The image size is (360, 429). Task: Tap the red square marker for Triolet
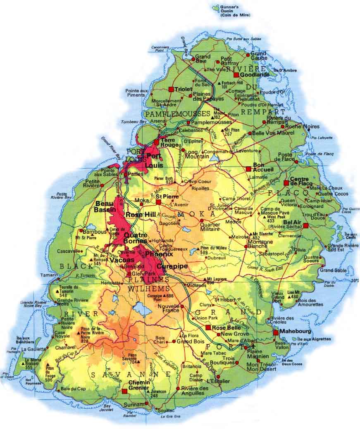[171, 89]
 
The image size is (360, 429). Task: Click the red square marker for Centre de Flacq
[286, 183]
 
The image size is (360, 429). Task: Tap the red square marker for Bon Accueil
[248, 169]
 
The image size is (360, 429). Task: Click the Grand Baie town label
[203, 59]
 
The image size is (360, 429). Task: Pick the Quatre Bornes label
[136, 238]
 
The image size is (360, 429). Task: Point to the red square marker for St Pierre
[158, 202]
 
